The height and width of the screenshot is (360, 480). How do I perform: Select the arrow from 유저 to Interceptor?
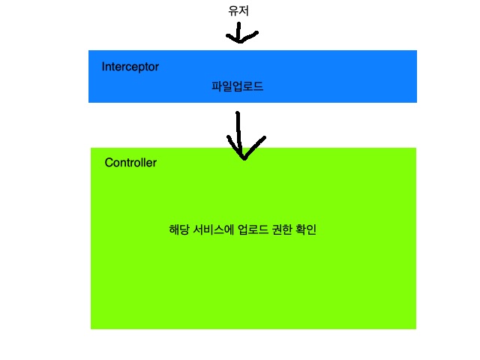point(238,33)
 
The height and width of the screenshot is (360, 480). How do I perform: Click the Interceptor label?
point(130,67)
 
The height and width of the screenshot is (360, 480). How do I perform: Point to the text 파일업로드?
point(238,87)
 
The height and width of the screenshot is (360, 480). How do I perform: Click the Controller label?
point(130,163)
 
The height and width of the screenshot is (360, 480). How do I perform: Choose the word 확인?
point(308,229)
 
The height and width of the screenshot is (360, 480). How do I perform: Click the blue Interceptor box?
point(337,75)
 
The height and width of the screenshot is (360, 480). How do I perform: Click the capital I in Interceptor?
point(103,67)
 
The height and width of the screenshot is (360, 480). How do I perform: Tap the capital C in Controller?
point(109,163)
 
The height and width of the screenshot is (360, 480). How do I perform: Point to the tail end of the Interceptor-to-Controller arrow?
point(238,114)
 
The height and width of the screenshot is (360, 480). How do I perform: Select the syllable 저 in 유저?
point(244,10)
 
